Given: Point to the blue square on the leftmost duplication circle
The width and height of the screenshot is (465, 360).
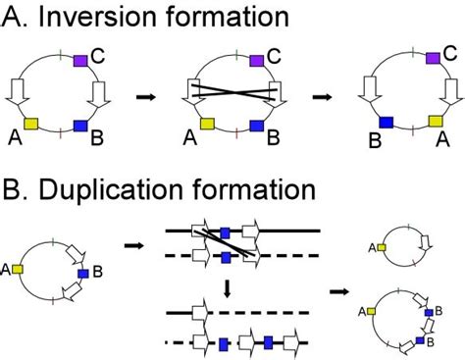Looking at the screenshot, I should [x=83, y=274].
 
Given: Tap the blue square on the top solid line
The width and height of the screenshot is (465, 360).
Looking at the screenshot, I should [x=225, y=231].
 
